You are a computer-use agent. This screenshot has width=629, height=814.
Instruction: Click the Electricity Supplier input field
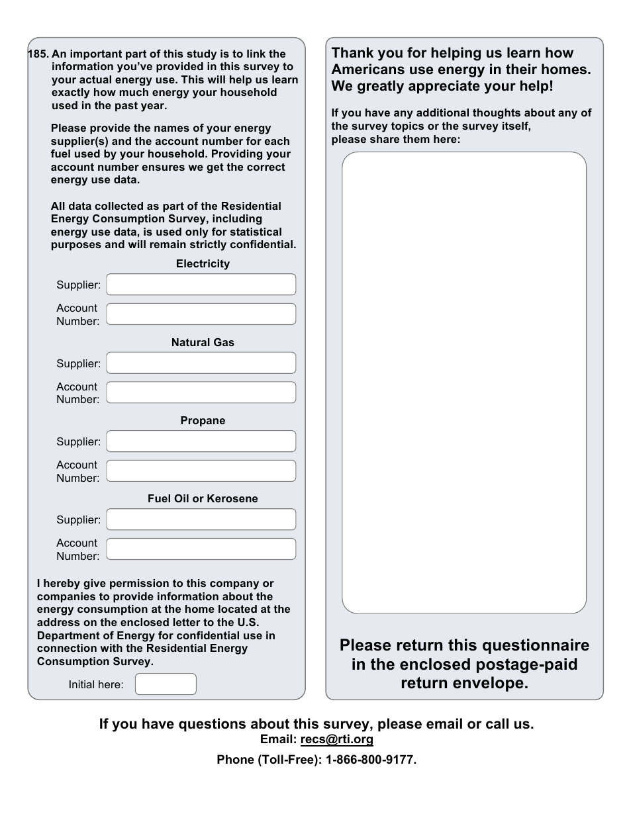pos(201,285)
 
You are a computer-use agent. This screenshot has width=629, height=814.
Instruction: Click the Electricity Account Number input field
pos(201,314)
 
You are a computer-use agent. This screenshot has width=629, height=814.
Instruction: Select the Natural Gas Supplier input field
pos(201,363)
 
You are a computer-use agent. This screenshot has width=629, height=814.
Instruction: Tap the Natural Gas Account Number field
pos(201,392)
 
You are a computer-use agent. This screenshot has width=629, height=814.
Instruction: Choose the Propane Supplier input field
pos(201,441)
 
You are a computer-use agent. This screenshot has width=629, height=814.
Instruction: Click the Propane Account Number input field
pos(201,471)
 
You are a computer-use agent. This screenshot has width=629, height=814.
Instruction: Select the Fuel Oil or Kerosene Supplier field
pos(201,520)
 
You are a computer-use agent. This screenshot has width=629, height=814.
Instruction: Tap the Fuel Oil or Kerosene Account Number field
pos(201,549)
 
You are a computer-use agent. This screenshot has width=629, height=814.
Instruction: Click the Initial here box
pos(166,684)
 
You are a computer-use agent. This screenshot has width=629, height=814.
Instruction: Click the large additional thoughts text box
pos(463,383)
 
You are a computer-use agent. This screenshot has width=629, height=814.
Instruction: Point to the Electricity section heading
pos(203,264)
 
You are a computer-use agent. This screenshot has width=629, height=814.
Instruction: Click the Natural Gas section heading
pos(203,343)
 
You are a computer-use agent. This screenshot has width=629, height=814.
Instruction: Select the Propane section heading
pos(203,421)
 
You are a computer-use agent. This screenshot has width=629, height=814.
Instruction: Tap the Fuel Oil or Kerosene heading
pos(203,499)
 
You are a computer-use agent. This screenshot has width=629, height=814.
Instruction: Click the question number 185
pos(38,54)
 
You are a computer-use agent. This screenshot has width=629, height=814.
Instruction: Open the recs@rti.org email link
pos(336,740)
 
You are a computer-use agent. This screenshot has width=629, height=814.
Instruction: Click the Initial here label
pos(96,685)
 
